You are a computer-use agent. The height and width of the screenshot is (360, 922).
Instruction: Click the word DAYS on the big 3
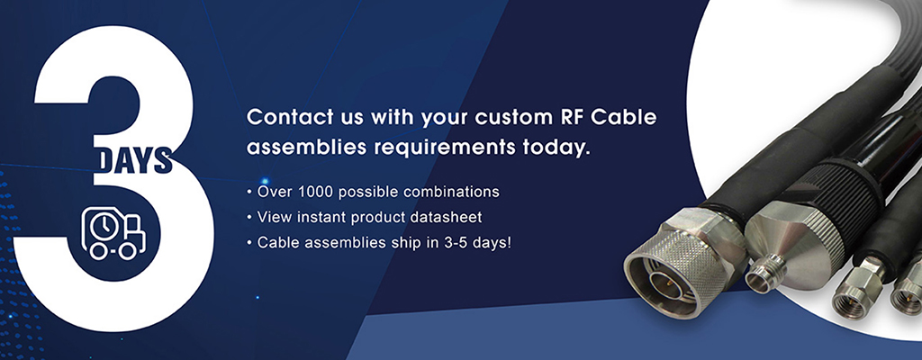133,159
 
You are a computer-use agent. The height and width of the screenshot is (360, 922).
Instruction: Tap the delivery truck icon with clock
113,233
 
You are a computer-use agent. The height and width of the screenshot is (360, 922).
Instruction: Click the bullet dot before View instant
250,218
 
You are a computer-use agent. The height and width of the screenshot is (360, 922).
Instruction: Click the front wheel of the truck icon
126,252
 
